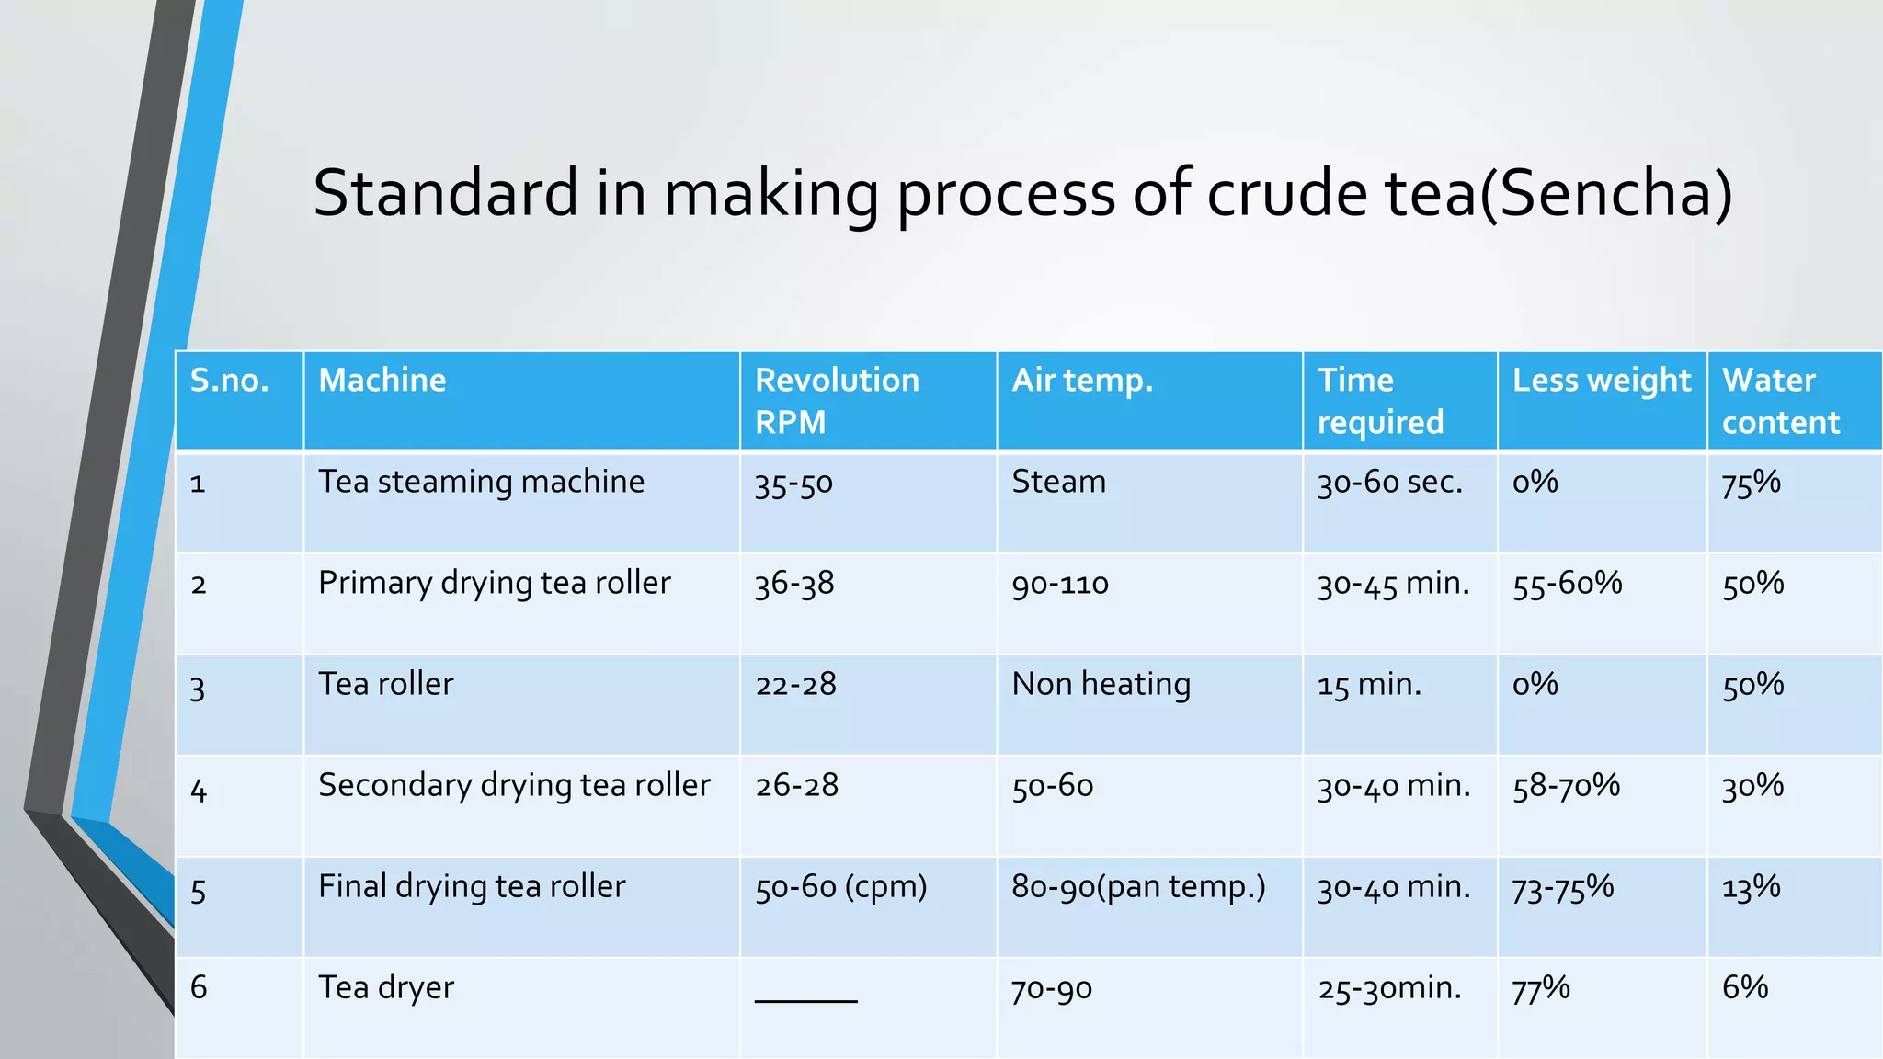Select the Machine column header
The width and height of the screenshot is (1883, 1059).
382,381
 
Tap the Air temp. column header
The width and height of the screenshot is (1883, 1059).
1081,381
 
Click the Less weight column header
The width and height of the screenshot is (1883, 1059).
1601,381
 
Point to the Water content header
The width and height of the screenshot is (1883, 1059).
1780,401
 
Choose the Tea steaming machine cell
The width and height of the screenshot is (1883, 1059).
481,482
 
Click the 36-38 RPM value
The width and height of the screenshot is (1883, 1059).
794,584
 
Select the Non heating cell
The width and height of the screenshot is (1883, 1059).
1101,685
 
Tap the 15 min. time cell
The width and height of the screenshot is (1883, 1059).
1369,685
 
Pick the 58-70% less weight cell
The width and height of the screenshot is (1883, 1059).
1566,786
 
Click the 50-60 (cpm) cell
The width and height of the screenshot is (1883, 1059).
840,887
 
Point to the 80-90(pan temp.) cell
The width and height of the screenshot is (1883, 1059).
1138,887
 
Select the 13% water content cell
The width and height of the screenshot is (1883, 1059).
1751,887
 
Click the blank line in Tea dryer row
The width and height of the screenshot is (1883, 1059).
805,999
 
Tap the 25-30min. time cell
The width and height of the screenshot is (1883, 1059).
1389,988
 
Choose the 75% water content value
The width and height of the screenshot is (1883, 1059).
1751,483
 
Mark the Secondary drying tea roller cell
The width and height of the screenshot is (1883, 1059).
514,786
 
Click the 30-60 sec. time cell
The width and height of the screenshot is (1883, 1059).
1389,483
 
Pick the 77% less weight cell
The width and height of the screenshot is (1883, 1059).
1541,988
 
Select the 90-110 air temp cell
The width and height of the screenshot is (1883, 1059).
1060,584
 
